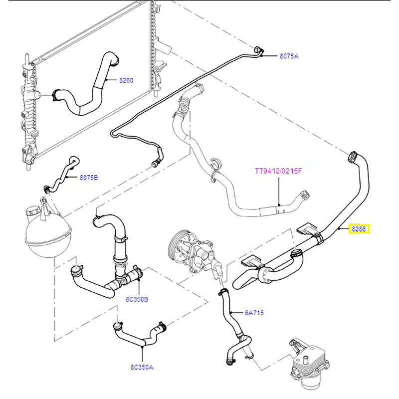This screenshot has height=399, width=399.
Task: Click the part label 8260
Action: click(x=126, y=80)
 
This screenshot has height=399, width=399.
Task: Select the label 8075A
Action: click(x=288, y=56)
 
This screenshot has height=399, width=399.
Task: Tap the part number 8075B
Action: click(x=89, y=177)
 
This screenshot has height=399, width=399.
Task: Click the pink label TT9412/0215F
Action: click(x=278, y=171)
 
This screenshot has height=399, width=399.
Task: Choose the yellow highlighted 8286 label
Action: click(x=359, y=229)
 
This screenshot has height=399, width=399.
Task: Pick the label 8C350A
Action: click(x=142, y=367)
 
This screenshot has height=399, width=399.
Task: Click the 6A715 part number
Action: click(x=254, y=313)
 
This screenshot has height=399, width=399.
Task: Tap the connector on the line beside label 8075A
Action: click(x=258, y=50)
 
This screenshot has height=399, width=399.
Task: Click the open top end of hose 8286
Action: click(x=353, y=156)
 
